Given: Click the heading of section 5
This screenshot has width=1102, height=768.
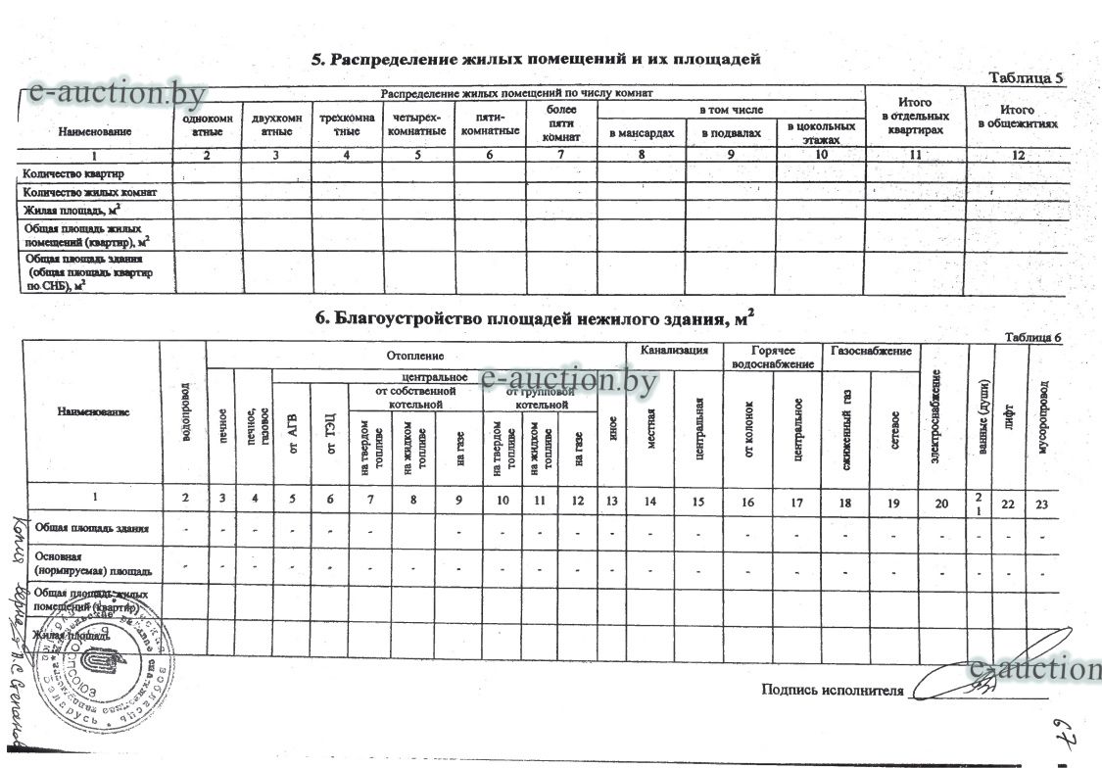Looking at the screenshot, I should tap(536, 59).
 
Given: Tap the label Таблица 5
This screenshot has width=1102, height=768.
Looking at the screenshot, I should tap(1026, 77).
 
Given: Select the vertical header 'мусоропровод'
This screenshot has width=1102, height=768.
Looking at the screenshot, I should tap(1044, 415).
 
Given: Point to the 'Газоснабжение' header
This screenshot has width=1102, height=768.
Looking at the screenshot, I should tap(871, 351).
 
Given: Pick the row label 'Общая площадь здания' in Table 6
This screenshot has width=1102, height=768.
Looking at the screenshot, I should tap(91, 529).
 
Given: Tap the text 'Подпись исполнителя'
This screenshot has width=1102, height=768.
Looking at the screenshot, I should tap(832, 691).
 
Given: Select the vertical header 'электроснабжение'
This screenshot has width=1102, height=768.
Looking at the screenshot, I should tap(937, 415).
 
